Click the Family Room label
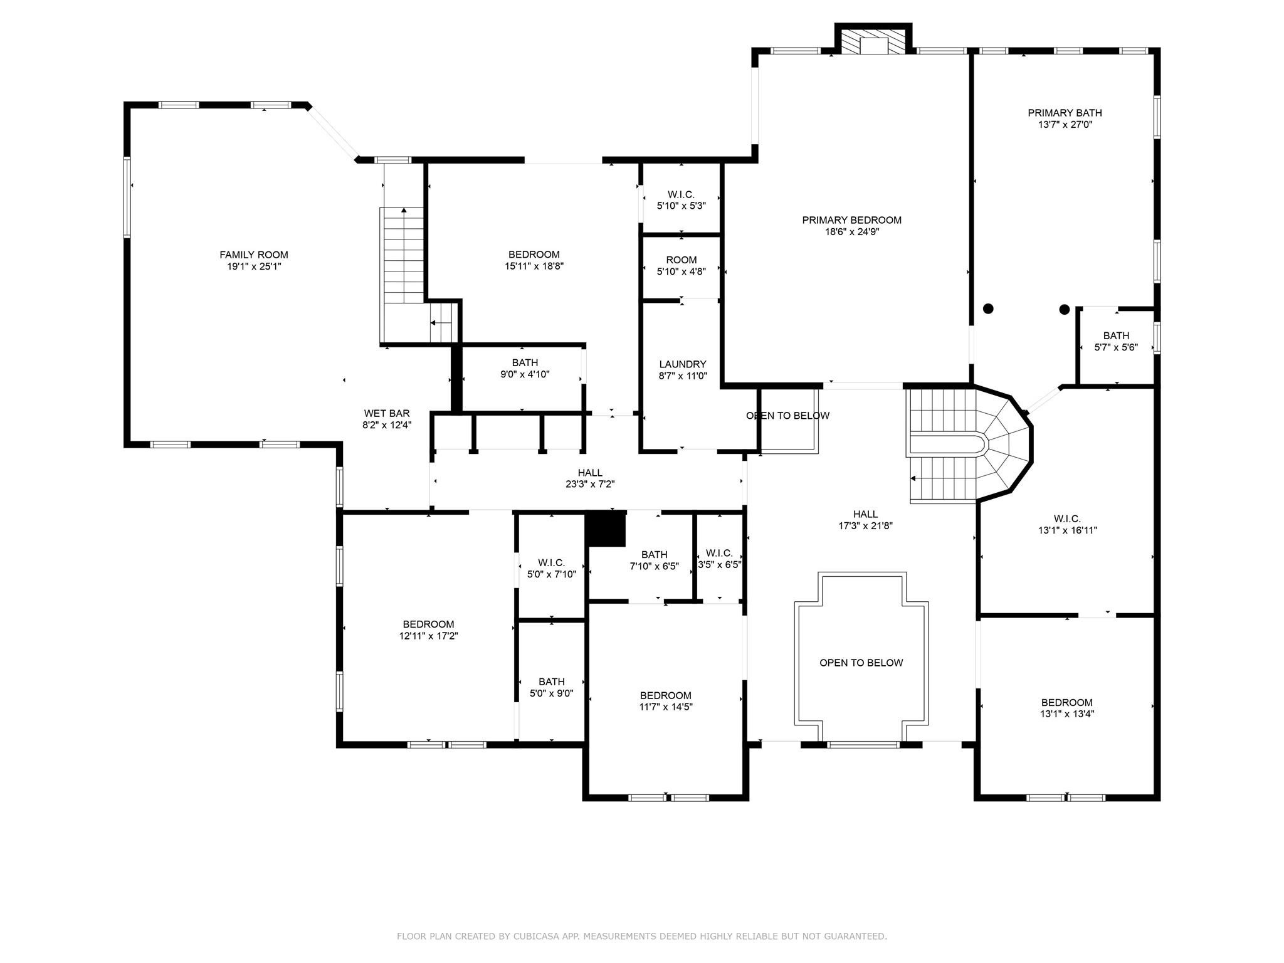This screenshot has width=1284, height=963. (x=254, y=255)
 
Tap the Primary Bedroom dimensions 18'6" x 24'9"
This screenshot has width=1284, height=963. (x=851, y=232)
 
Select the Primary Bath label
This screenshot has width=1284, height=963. (x=1065, y=113)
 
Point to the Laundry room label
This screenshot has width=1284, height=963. (x=683, y=364)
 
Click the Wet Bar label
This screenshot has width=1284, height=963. (x=387, y=414)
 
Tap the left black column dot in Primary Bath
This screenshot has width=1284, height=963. (x=988, y=308)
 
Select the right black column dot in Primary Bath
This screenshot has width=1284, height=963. (x=1064, y=309)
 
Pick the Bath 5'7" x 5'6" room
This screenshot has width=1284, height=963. (x=1116, y=342)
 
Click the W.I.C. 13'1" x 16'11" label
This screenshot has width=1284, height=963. (x=1067, y=519)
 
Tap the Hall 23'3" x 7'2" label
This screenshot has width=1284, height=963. (x=590, y=473)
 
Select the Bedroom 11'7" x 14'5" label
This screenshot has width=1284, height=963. (x=666, y=695)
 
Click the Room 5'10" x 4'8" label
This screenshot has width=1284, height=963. (x=681, y=260)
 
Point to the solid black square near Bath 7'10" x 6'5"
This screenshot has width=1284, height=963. (x=606, y=529)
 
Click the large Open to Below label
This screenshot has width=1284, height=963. (x=861, y=663)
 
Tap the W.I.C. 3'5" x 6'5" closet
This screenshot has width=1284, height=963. (x=719, y=558)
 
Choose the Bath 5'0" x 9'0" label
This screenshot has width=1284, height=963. (x=552, y=682)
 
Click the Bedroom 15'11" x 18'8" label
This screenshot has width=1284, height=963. (x=534, y=255)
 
